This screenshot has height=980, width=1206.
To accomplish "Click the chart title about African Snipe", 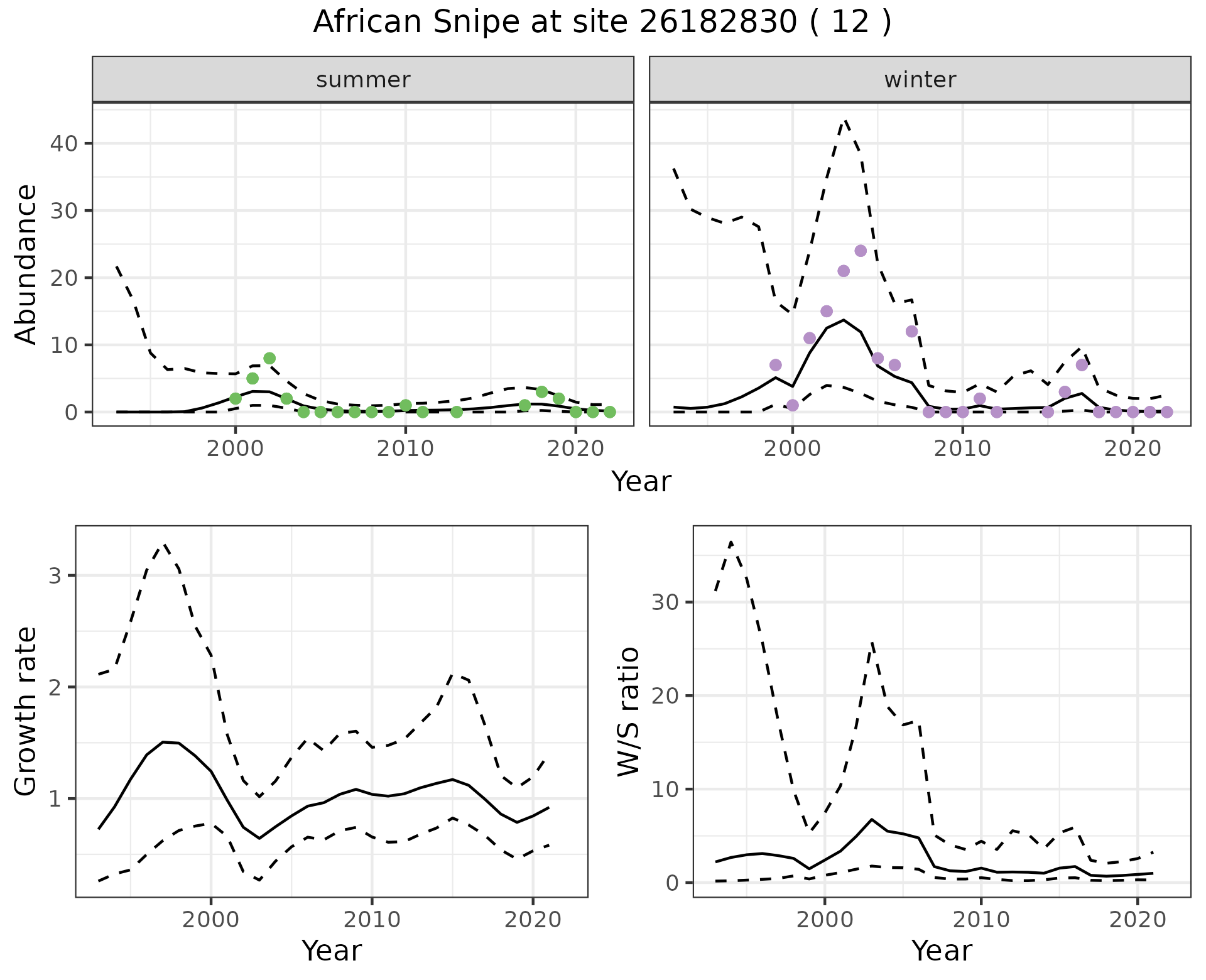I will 602,23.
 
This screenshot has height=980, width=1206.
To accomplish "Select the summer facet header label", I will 363,80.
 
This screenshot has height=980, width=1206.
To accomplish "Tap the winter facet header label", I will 920,80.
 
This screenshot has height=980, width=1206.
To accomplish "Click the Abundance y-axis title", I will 26,264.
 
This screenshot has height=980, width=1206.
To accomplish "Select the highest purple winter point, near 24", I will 861,251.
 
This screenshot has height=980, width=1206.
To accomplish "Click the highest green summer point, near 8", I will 269,359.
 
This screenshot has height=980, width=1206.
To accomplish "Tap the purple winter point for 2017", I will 1082,365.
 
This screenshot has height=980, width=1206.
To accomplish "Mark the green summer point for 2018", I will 542,392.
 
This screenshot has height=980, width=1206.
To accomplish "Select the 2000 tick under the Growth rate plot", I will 211,920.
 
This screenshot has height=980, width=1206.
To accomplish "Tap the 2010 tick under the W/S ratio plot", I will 981,920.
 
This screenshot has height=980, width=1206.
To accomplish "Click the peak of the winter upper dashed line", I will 845,119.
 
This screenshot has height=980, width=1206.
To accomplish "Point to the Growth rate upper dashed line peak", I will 164,545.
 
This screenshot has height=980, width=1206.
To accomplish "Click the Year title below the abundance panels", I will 641,482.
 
